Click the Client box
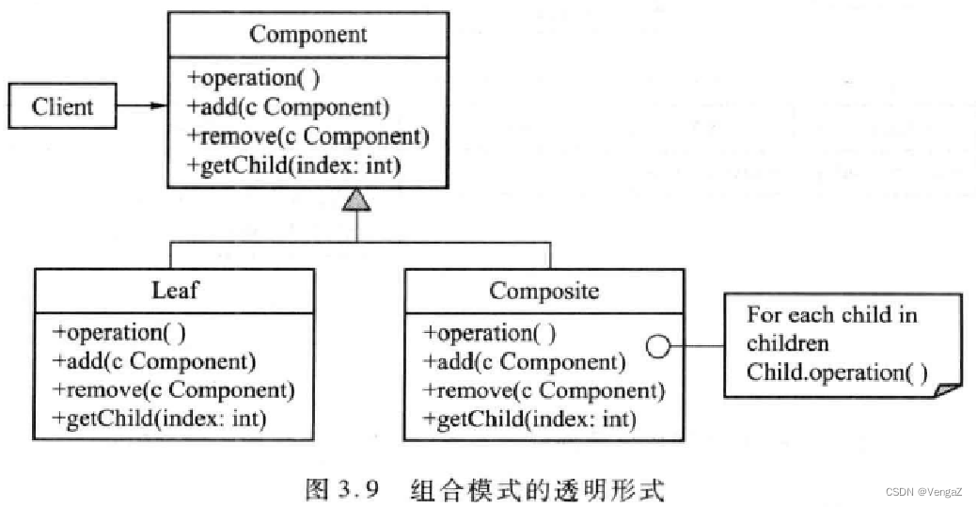62,106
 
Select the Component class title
308,36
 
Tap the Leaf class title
176,290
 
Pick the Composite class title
544,291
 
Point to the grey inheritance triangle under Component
357,198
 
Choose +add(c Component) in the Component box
288,107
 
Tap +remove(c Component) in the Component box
307,136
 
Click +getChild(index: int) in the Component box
294,166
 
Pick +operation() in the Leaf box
118,332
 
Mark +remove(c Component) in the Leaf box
173,389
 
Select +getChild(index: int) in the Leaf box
159,419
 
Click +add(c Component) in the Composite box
525,361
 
